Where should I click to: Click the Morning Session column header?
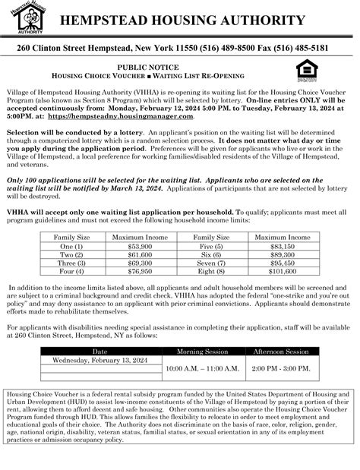click(202, 352)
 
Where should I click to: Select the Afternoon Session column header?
click(281, 352)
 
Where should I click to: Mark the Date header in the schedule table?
click(99, 352)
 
